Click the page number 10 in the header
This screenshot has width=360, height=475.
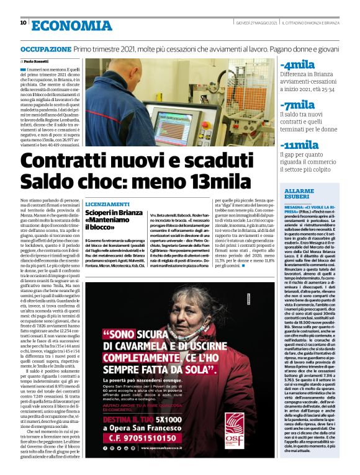(x=24, y=23)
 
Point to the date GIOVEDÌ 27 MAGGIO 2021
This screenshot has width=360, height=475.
(x=256, y=23)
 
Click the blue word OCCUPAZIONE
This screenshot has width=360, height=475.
(x=45, y=48)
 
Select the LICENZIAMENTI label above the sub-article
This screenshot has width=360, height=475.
(x=107, y=204)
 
